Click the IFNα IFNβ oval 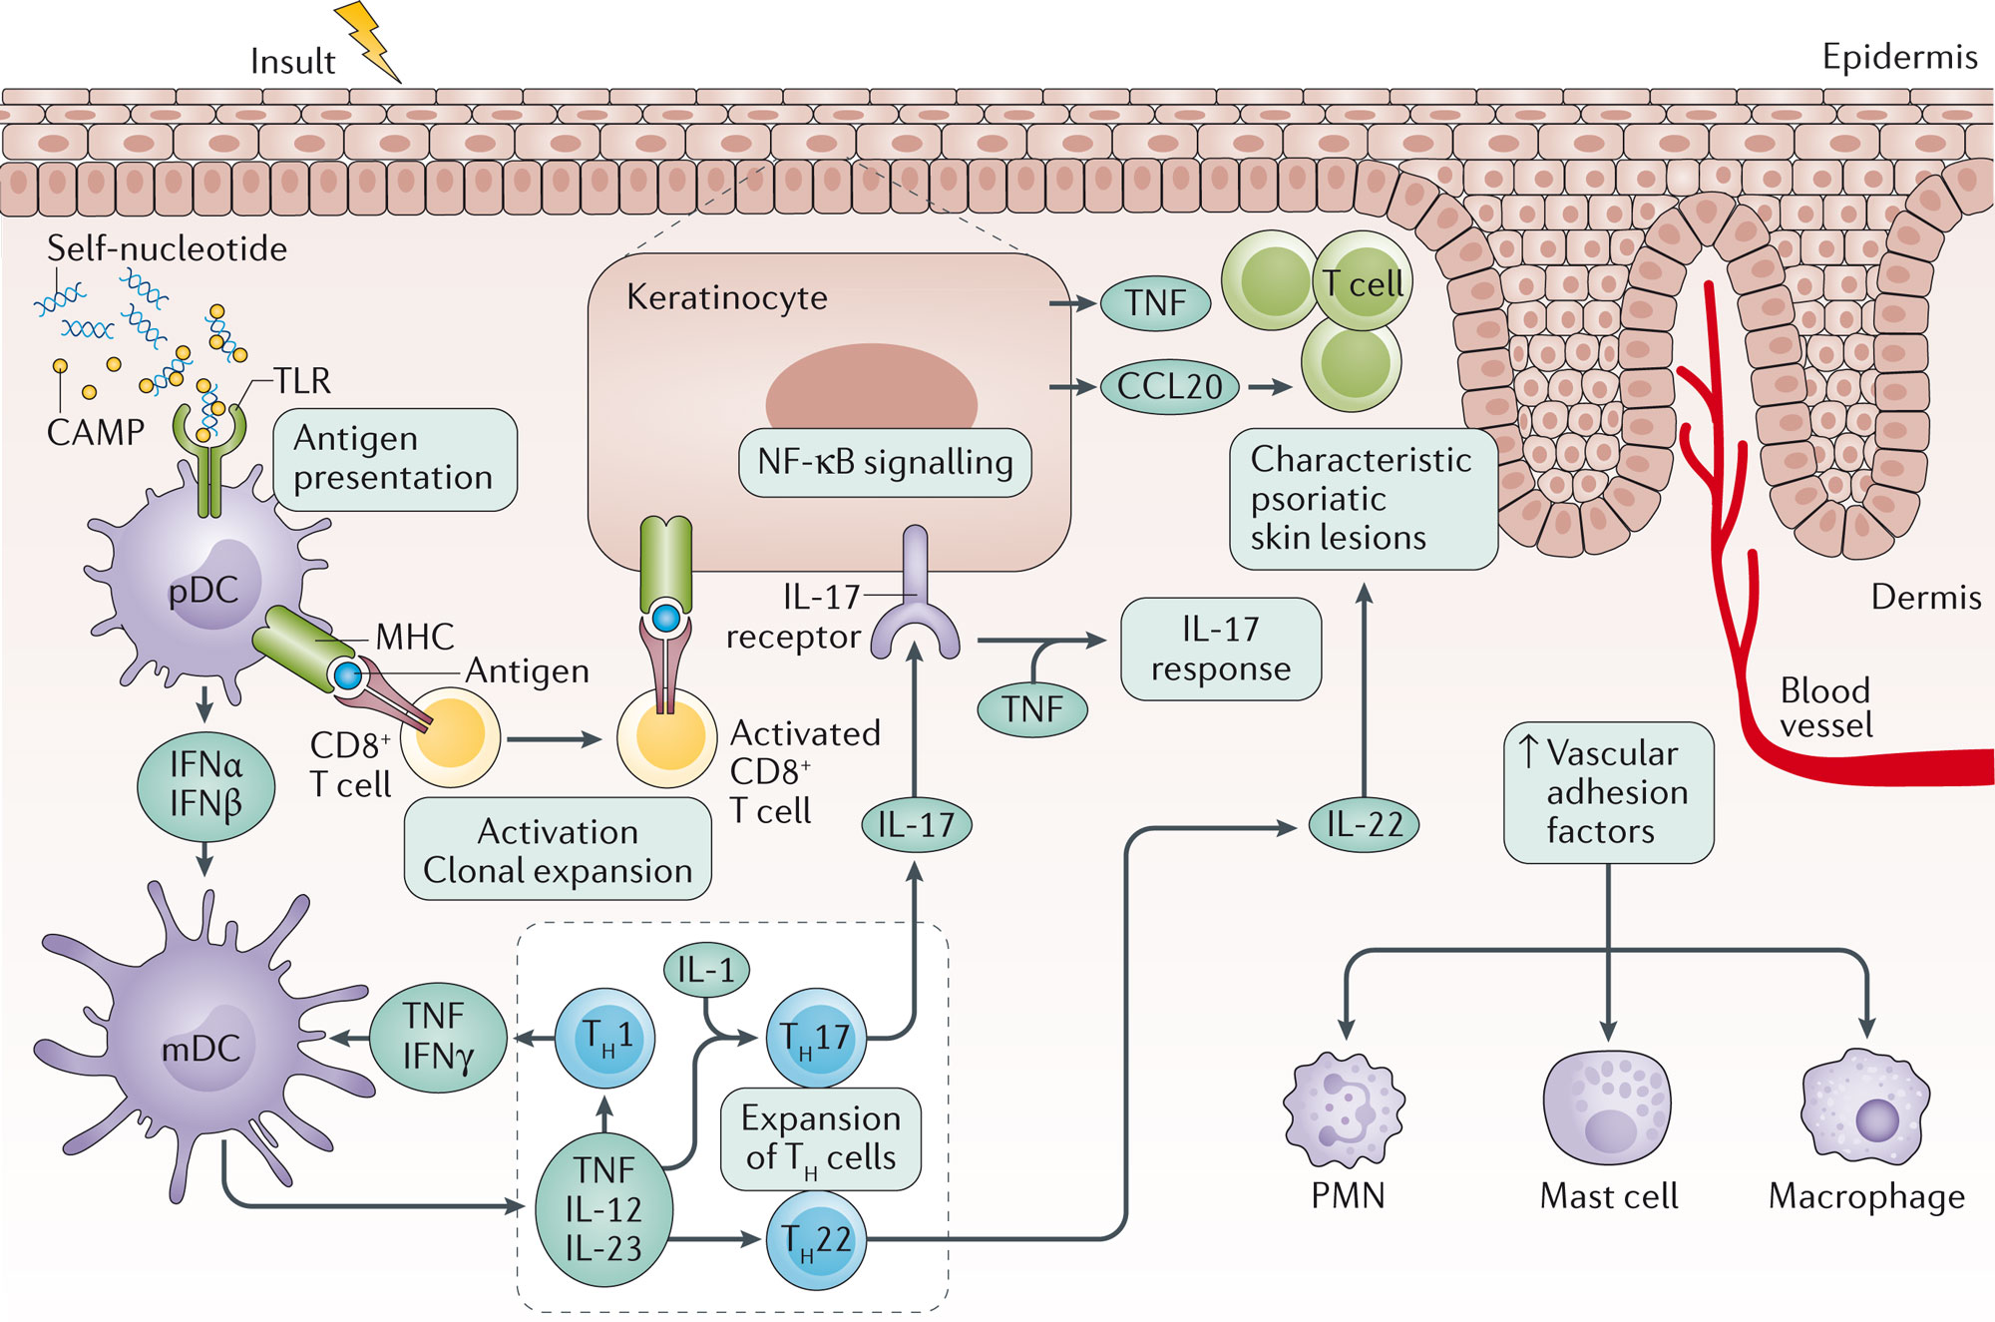click(x=205, y=784)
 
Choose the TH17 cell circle click(x=816, y=1039)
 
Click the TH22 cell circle click(x=816, y=1241)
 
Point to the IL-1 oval click(x=706, y=970)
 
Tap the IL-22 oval click(x=1364, y=825)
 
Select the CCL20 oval click(x=1170, y=387)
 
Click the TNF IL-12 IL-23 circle click(x=603, y=1209)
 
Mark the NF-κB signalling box click(x=885, y=462)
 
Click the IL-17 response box click(x=1221, y=649)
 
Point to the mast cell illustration click(x=1607, y=1107)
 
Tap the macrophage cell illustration click(x=1865, y=1107)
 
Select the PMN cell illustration click(x=1345, y=1109)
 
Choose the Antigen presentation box click(x=395, y=460)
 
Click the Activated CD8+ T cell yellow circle click(x=666, y=738)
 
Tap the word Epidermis click(x=1899, y=57)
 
